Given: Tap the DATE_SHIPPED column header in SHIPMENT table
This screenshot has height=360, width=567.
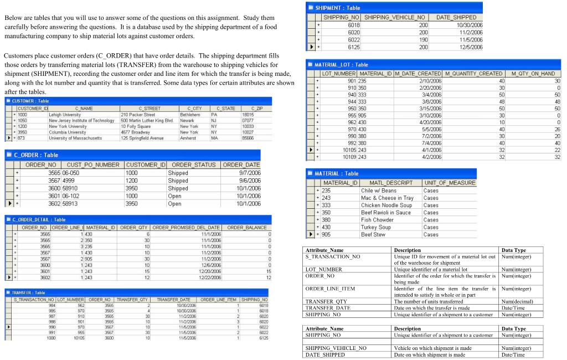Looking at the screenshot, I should click(x=460, y=18).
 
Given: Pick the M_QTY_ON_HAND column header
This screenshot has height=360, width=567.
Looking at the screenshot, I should click(x=533, y=74).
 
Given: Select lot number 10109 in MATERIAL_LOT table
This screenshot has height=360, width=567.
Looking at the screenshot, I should click(x=349, y=157).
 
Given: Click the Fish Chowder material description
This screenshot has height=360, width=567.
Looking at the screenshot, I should click(x=377, y=219).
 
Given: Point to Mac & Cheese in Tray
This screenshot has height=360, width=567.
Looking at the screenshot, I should click(x=387, y=198).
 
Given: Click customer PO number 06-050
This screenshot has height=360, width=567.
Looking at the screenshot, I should click(x=71, y=173).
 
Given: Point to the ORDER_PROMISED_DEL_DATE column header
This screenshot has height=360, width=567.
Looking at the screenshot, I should click(x=187, y=227).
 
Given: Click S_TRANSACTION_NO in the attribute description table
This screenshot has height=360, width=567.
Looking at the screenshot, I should click(x=333, y=256).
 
